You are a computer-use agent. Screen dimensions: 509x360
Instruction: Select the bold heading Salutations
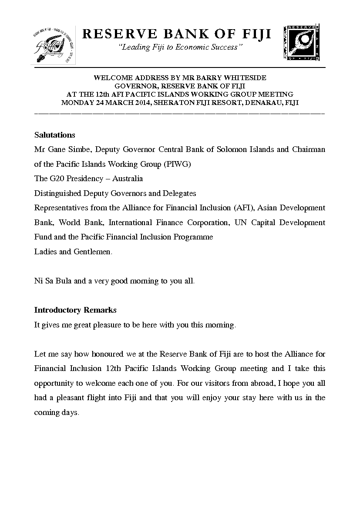pyautogui.click(x=54, y=135)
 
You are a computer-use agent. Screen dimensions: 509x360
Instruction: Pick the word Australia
pyautogui.click(x=128, y=179)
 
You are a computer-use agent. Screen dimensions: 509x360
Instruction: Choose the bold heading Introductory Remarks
pyautogui.click(x=75, y=310)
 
